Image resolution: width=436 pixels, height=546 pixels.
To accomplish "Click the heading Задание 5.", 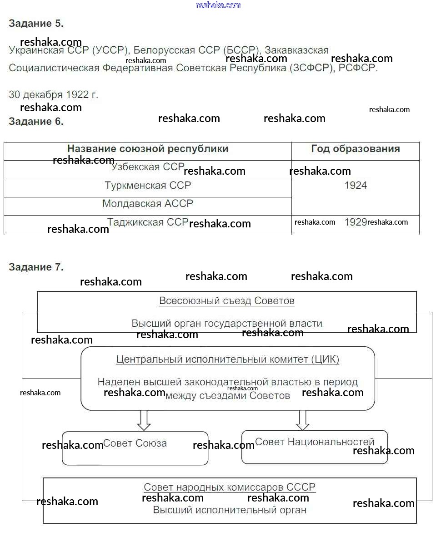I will (36, 24).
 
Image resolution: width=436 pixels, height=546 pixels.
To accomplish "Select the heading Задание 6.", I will (36, 122).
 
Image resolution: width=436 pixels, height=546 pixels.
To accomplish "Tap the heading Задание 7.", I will (36, 267).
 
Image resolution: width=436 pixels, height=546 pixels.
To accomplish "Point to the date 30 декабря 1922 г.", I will (53, 95).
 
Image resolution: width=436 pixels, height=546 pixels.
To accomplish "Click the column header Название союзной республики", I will (148, 149).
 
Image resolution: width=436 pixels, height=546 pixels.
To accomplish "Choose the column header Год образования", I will (355, 149).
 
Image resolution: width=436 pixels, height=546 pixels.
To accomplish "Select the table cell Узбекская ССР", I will (147, 167).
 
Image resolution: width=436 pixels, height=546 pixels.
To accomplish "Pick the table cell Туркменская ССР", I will (148, 186).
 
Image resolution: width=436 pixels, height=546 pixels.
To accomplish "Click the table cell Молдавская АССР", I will (148, 204).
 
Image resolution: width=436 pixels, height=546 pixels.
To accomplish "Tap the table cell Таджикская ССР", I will (147, 222).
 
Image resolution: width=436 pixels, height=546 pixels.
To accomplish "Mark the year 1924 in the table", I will (356, 186).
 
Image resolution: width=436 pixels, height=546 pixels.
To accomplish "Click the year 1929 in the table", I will (356, 222).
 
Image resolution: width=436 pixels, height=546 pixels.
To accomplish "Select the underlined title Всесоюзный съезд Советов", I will (226, 301).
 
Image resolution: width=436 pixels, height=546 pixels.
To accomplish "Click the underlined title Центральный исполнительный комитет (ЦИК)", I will (227, 359).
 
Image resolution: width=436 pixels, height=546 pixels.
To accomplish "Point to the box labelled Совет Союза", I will (135, 448).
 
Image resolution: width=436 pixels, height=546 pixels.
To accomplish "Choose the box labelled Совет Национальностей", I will (315, 447).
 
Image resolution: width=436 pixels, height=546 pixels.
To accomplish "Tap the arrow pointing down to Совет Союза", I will (144, 420).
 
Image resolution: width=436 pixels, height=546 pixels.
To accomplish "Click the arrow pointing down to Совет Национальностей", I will (302, 420).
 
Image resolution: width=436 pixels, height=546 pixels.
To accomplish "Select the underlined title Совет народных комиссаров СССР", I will (229, 487).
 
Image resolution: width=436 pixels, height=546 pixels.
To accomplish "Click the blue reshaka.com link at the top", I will (218, 5).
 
